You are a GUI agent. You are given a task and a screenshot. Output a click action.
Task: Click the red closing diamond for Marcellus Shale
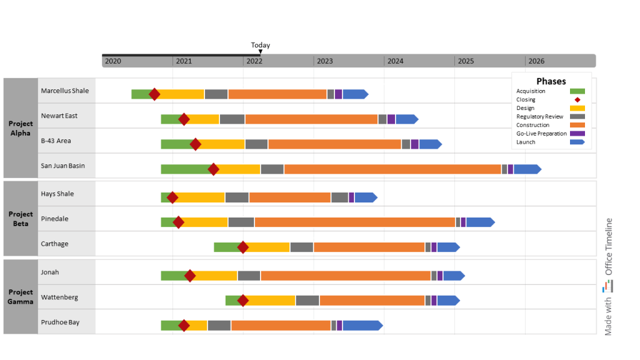[x=154, y=94]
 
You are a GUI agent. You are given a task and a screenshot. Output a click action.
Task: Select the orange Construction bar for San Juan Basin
[x=392, y=169]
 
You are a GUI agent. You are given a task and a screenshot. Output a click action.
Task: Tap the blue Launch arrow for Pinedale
[x=479, y=222]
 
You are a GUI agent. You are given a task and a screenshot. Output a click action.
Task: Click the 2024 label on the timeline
[x=395, y=61]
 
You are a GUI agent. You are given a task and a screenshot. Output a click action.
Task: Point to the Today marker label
[x=261, y=45]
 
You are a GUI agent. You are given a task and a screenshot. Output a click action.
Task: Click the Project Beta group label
[x=21, y=219]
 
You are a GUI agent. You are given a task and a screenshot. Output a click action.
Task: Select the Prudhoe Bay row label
[x=60, y=322]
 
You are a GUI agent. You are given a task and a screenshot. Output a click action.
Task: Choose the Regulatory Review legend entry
[x=540, y=117]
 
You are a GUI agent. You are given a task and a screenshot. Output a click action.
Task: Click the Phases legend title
[x=551, y=81]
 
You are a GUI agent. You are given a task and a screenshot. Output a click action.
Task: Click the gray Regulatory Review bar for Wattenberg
[x=307, y=301]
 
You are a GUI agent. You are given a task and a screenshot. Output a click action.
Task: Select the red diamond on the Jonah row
[x=189, y=276]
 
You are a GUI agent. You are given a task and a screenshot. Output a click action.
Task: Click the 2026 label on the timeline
[x=536, y=61]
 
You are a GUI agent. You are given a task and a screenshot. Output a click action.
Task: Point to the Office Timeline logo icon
[x=608, y=286]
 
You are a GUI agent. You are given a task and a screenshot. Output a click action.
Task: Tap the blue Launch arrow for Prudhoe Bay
[x=361, y=326]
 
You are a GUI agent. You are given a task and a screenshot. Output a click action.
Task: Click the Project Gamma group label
[x=21, y=297]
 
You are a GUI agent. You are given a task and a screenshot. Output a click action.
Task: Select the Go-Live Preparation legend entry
[x=541, y=134]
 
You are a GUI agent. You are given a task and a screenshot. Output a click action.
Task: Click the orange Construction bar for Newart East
[x=311, y=119]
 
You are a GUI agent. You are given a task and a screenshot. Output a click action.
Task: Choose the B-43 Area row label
[x=56, y=141]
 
